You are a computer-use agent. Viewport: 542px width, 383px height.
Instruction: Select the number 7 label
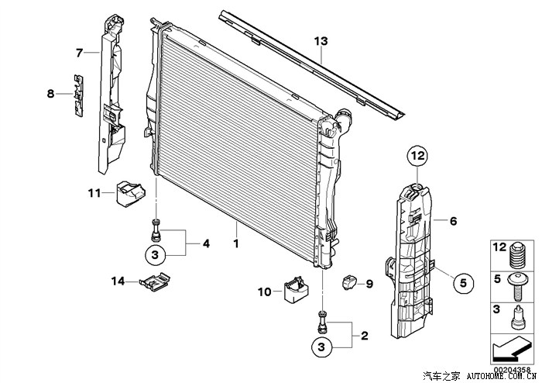click(79, 53)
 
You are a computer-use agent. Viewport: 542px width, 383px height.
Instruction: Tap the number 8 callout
click(51, 94)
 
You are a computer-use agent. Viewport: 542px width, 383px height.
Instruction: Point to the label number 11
click(94, 192)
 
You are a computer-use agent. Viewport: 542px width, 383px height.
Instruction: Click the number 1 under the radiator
click(236, 243)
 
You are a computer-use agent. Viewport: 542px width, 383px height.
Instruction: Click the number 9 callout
click(369, 285)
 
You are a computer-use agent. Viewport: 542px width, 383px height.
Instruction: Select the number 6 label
click(453, 221)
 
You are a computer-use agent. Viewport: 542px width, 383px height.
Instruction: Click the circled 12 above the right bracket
click(418, 157)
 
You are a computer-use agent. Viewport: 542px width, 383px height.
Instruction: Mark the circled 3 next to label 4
click(155, 254)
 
